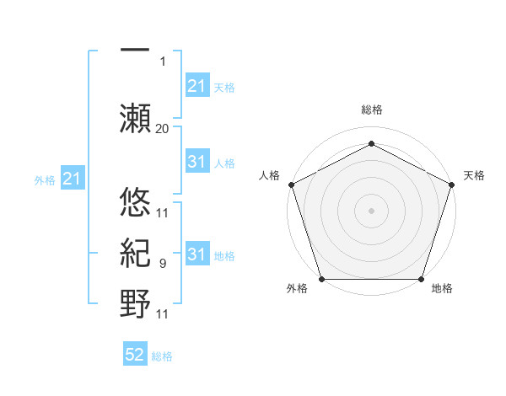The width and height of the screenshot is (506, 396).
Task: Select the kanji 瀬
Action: (135, 116)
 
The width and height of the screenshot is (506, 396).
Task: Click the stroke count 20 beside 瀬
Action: (162, 128)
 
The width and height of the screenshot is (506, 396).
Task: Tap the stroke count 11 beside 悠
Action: (162, 213)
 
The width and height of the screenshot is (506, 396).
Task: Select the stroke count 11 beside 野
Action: (162, 315)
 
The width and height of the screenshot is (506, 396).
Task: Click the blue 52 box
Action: (135, 356)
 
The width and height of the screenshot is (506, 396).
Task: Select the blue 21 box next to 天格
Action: (196, 86)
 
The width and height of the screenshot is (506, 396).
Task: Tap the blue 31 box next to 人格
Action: (196, 163)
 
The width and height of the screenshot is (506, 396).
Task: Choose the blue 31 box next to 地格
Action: (196, 255)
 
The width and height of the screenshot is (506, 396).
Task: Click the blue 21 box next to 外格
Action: (73, 179)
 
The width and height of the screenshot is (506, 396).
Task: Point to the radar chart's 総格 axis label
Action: (371, 110)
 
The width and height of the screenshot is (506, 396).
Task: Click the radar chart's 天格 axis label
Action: (474, 175)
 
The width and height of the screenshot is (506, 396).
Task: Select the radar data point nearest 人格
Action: (291, 184)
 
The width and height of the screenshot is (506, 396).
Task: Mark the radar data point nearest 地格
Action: (421, 279)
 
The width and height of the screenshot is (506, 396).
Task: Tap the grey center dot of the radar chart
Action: (371, 210)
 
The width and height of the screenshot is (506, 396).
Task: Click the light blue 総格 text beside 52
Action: (162, 356)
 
